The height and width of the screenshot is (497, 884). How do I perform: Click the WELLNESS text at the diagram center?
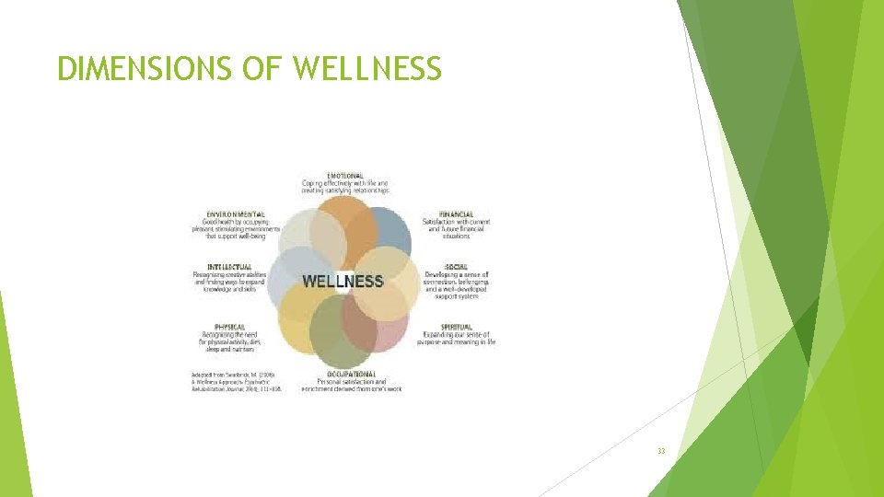pos(343,281)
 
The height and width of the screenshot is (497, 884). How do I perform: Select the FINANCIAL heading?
pos(456,214)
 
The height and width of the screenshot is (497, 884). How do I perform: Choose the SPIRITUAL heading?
pos(457,327)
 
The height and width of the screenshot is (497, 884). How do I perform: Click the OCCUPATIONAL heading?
pos(351,374)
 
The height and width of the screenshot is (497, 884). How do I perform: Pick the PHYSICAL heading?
pos(230,327)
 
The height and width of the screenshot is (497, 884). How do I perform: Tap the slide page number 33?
pos(661,450)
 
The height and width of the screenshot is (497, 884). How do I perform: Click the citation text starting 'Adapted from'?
pos(236,382)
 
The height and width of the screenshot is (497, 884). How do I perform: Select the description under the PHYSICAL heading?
pos(230,342)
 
